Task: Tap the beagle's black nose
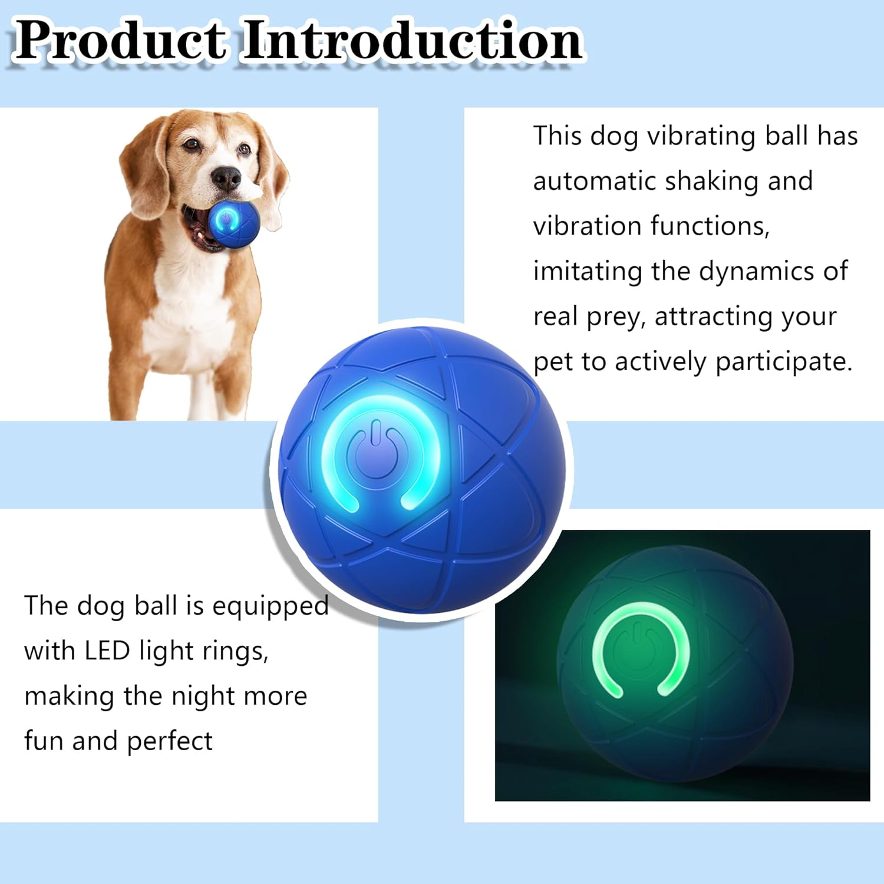click(x=226, y=177)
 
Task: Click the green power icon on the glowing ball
click(x=641, y=648)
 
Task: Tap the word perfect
click(x=169, y=741)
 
